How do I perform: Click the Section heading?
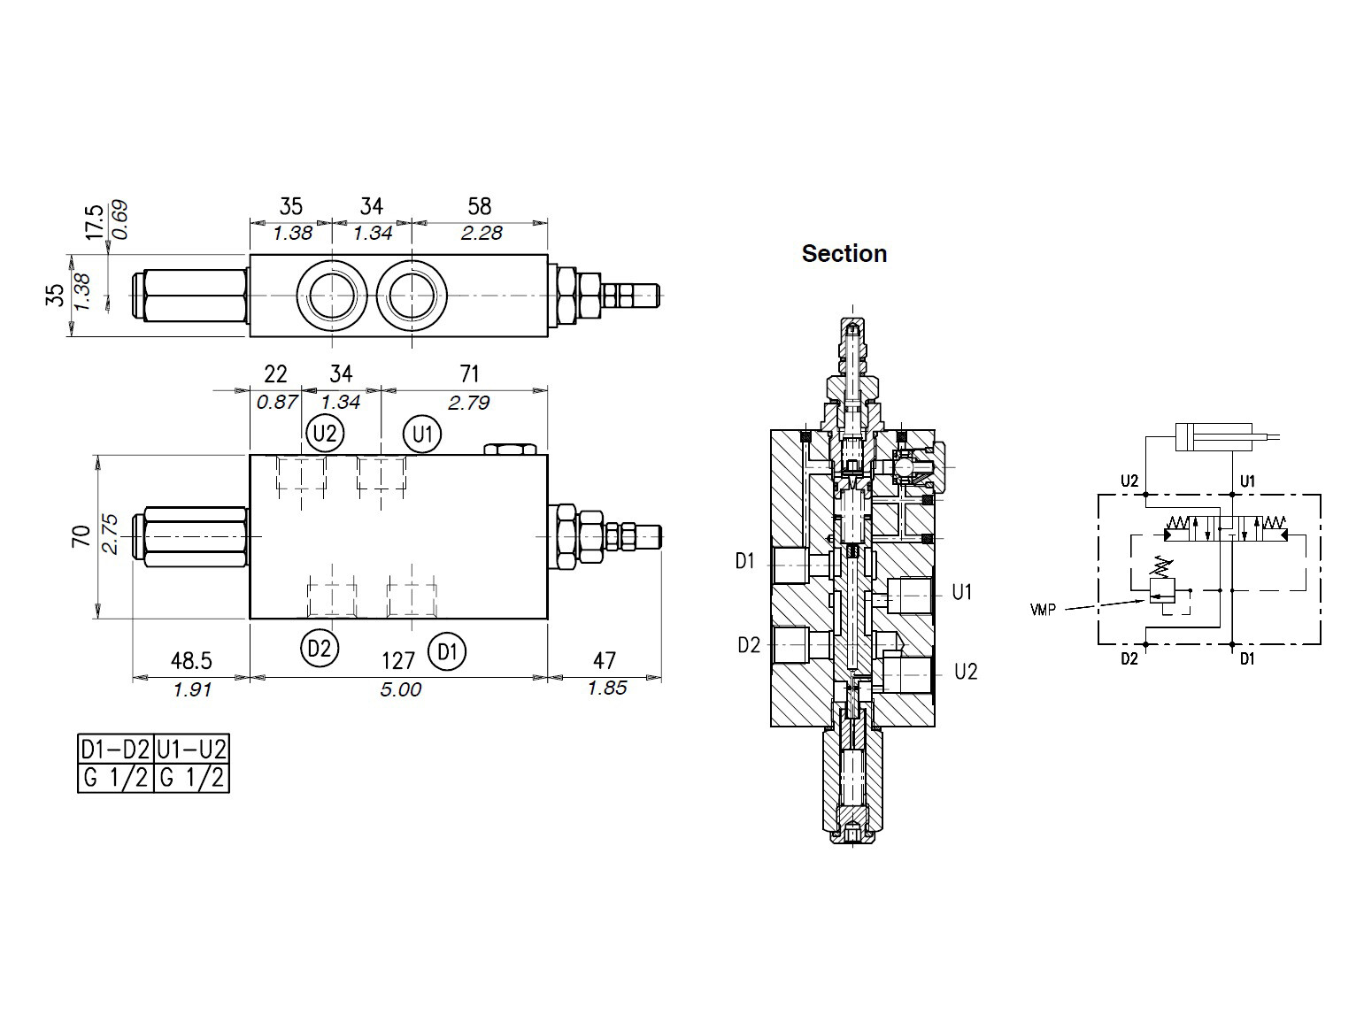[x=844, y=253]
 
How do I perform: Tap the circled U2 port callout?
[x=325, y=433]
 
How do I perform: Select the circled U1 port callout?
[x=422, y=434]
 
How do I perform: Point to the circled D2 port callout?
[x=320, y=649]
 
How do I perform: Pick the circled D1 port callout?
[x=447, y=651]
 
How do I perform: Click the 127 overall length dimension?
[x=398, y=661]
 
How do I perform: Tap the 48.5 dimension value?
[x=191, y=660]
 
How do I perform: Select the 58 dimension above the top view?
[x=480, y=206]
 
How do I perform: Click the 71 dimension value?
[x=470, y=374]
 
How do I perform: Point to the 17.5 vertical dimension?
[x=95, y=222]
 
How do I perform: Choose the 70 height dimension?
[x=81, y=536]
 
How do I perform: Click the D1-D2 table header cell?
[x=116, y=750]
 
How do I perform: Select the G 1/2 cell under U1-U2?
[x=191, y=778]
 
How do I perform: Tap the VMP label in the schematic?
[x=1043, y=610]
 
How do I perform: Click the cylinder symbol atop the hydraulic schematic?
[x=1214, y=436]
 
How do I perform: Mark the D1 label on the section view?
[x=744, y=561]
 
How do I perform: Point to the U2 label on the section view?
[x=966, y=672]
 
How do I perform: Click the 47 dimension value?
[x=605, y=659]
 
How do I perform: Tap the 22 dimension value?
[x=276, y=374]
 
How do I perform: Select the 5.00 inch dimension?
[x=401, y=688]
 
